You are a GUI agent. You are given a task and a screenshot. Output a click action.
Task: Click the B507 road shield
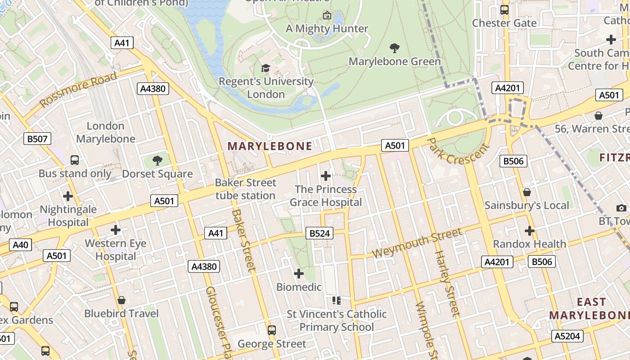(x=37, y=139)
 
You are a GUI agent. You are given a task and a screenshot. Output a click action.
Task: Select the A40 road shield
(x=21, y=245)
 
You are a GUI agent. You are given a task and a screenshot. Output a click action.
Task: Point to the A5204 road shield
(x=567, y=336)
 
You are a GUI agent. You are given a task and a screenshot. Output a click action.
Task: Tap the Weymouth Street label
(x=417, y=243)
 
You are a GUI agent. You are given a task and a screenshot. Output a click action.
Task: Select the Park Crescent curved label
(x=457, y=152)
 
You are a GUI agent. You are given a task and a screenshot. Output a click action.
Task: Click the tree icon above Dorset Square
(x=157, y=160)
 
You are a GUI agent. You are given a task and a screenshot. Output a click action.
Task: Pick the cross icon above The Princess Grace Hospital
(x=326, y=176)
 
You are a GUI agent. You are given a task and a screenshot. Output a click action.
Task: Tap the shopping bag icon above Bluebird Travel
(x=121, y=300)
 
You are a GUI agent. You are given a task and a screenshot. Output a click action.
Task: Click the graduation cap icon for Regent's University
(x=266, y=68)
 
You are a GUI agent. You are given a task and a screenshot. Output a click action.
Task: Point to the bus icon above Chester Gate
(x=504, y=10)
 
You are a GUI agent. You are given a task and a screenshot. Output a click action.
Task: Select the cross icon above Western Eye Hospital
(x=116, y=230)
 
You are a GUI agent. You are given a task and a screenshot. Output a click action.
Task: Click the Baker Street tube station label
(x=246, y=189)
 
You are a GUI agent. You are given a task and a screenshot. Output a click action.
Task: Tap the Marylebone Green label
(x=395, y=61)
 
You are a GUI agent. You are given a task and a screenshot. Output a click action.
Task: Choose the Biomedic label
(x=299, y=287)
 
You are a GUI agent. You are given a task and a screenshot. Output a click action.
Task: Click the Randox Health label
(x=530, y=244)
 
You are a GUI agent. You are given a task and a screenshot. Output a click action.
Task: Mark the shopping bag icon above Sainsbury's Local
(x=527, y=193)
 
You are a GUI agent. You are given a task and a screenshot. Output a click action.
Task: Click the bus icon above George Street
(x=272, y=330)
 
